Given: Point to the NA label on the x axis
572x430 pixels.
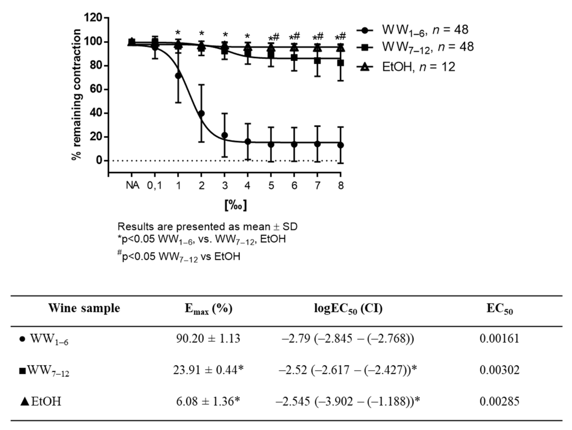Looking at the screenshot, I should pyautogui.click(x=132, y=185).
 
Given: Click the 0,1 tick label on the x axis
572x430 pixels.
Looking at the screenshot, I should pyautogui.click(x=155, y=185).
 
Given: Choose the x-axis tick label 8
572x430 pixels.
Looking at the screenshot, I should pyautogui.click(x=341, y=185).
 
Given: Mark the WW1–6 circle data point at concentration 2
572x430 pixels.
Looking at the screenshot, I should pyautogui.click(x=201, y=113).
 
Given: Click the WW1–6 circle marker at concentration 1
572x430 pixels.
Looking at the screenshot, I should pyautogui.click(x=178, y=76).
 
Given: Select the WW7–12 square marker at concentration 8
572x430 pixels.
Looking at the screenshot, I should pyautogui.click(x=341, y=63).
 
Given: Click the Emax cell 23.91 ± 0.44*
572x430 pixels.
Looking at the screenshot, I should pyautogui.click(x=208, y=370).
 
